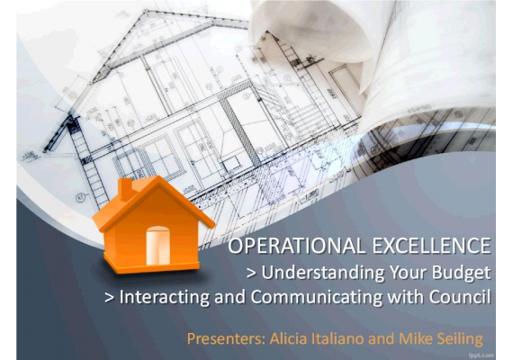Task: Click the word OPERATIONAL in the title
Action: click(296, 246)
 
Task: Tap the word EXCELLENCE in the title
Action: click(432, 246)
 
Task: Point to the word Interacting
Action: click(164, 297)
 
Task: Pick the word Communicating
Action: click(317, 297)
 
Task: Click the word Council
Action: click(460, 296)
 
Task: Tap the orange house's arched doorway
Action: click(158, 246)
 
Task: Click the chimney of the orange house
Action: click(125, 189)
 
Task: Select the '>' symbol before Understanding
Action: click(251, 274)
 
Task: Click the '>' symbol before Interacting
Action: click(110, 298)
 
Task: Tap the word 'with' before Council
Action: click(406, 296)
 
